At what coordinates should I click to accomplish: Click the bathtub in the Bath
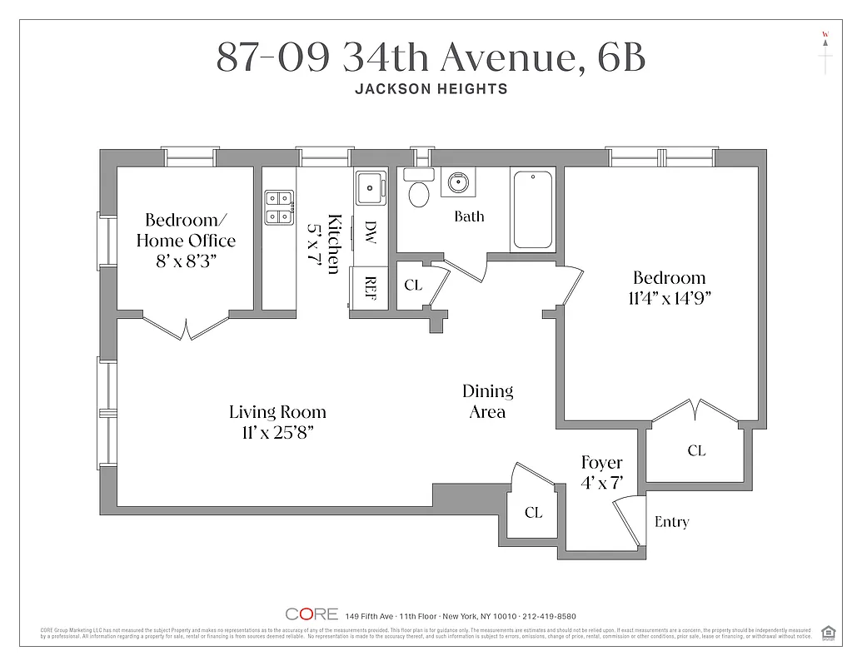pyautogui.click(x=534, y=210)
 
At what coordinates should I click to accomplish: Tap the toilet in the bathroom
pyautogui.click(x=419, y=191)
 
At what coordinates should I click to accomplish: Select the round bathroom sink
pyautogui.click(x=457, y=182)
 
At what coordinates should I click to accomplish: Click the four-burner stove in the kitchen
pyautogui.click(x=279, y=208)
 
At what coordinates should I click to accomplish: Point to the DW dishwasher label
pyautogui.click(x=370, y=232)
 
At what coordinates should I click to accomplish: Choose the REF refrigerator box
pyautogui.click(x=370, y=287)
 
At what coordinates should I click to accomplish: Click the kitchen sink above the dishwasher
pyautogui.click(x=369, y=189)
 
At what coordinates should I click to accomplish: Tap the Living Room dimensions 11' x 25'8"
pyautogui.click(x=278, y=433)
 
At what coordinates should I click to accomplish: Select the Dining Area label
pyautogui.click(x=487, y=400)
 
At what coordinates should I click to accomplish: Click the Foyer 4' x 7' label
pyautogui.click(x=601, y=472)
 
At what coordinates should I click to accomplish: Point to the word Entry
pyautogui.click(x=671, y=522)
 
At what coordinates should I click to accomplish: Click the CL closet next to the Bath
pyautogui.click(x=413, y=286)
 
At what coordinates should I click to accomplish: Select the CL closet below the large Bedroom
pyautogui.click(x=696, y=450)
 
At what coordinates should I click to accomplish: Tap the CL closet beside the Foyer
pyautogui.click(x=533, y=513)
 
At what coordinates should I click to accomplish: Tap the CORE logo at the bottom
pyautogui.click(x=311, y=614)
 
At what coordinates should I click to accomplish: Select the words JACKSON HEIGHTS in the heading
pyautogui.click(x=431, y=89)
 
